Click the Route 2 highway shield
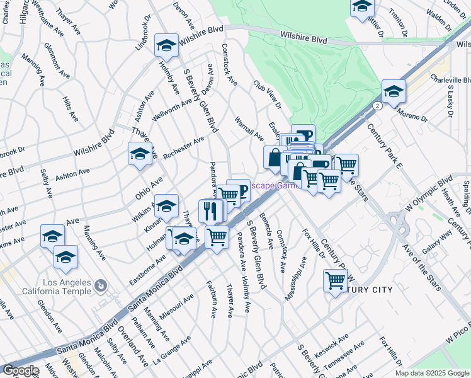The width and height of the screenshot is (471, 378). tap(375, 106)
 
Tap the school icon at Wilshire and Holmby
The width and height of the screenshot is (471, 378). tap(166, 45)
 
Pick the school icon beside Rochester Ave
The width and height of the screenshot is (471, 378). tap(140, 154)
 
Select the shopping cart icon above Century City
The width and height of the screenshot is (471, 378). tap(335, 281)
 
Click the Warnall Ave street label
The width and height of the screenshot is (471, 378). tap(249, 128)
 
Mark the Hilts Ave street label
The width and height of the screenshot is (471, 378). tap(71, 108)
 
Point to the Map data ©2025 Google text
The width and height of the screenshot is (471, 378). tap(431, 373)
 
